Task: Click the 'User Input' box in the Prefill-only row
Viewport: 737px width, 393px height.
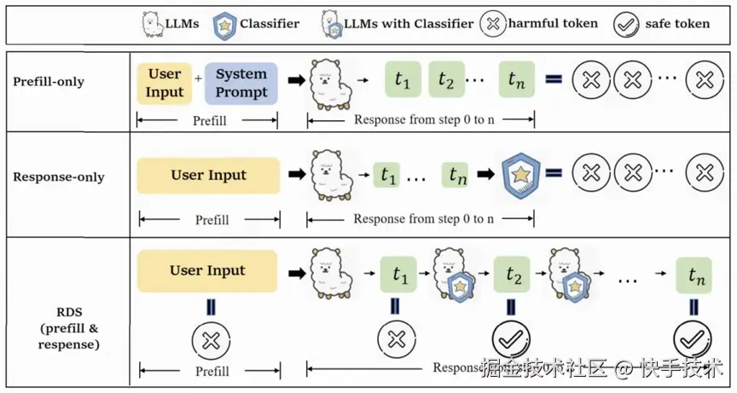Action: click(x=165, y=83)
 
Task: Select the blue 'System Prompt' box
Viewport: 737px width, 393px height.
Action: click(x=241, y=83)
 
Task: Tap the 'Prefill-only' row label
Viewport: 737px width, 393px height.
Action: click(x=49, y=82)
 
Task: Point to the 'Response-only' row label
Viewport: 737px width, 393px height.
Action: click(x=59, y=177)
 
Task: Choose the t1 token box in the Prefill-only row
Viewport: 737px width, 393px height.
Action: click(x=403, y=81)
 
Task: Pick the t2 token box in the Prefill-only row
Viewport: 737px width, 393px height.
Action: click(x=446, y=81)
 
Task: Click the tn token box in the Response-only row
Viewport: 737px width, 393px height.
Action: click(x=457, y=176)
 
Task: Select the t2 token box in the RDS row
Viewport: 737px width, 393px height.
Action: click(x=513, y=275)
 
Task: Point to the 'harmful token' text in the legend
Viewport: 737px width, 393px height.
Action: click(x=553, y=23)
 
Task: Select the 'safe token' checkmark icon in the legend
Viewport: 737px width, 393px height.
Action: click(x=627, y=24)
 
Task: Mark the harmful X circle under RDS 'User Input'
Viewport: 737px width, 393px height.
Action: click(x=207, y=340)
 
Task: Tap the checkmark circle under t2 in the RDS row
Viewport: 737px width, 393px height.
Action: click(x=511, y=339)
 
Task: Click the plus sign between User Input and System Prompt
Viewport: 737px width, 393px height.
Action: click(x=199, y=78)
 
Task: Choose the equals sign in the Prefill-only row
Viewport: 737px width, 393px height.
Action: click(x=554, y=80)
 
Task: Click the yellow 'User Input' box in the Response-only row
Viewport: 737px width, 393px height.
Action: click(x=208, y=176)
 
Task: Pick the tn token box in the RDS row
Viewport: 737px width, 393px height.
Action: click(x=693, y=275)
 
